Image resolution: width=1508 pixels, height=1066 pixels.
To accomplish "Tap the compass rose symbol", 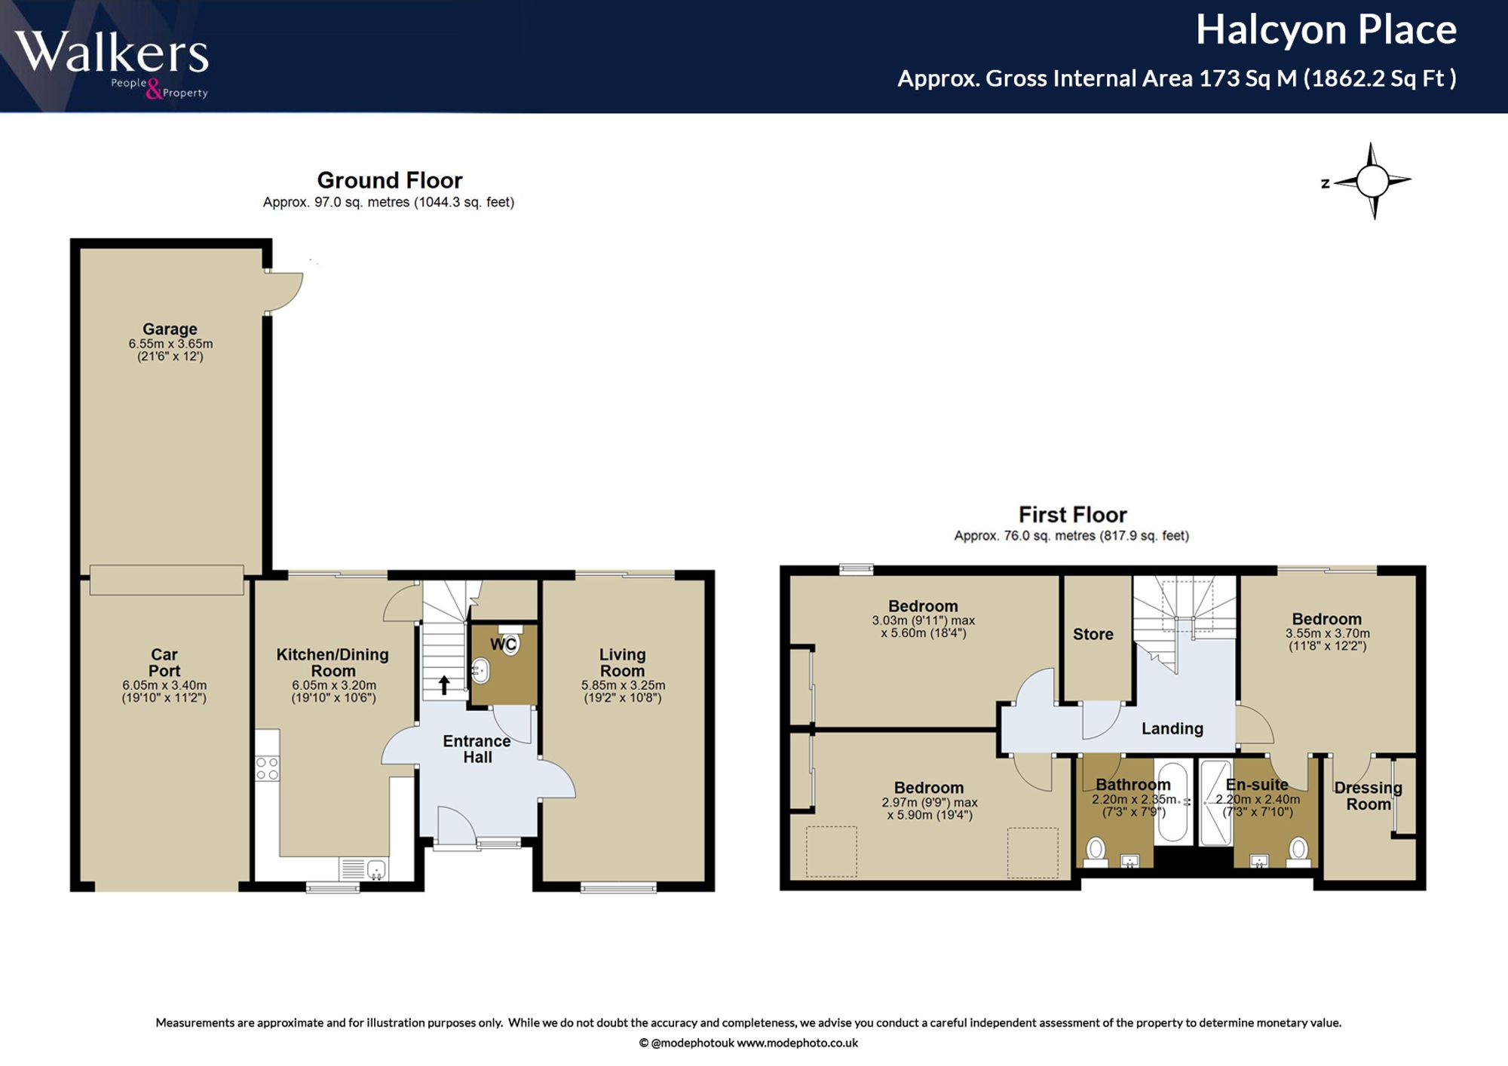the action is (1372, 181).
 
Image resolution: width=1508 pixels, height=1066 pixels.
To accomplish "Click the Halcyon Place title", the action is (1326, 30).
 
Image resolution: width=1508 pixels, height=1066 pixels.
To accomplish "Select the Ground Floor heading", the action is (389, 180).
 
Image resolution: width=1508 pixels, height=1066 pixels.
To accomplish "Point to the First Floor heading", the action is (1072, 515).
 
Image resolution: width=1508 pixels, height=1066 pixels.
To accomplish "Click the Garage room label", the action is (170, 329).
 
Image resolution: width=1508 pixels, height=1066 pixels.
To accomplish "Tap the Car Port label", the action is (164, 663).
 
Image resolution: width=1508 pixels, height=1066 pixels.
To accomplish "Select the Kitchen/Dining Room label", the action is (333, 663).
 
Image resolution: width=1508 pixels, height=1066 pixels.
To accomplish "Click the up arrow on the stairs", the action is (444, 685).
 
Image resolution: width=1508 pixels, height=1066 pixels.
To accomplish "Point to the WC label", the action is (504, 645).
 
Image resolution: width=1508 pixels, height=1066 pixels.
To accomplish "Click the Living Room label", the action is (622, 663).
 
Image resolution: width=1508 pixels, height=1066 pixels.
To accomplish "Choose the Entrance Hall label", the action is (477, 749).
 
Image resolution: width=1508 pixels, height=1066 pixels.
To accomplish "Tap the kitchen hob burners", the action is (267, 769).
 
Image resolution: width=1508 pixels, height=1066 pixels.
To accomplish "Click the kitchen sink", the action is (376, 870).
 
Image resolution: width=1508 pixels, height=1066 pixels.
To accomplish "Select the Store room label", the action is (1093, 635).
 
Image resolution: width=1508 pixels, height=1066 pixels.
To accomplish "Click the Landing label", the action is (1172, 728).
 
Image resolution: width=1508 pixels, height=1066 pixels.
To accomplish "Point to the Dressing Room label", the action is (1369, 796).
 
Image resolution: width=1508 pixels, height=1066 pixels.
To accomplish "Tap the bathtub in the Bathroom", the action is (1171, 802).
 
